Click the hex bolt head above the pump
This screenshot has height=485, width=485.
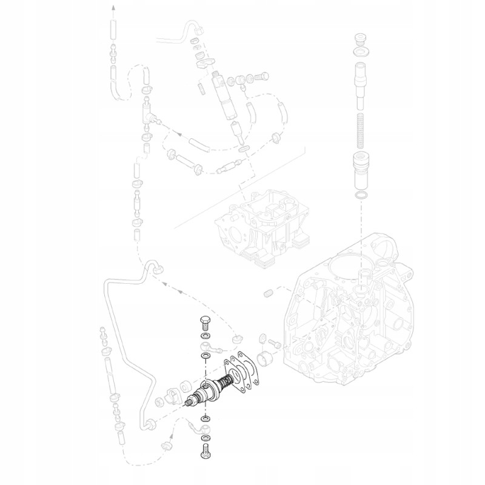point(204,321)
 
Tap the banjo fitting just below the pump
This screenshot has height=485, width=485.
point(207,429)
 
